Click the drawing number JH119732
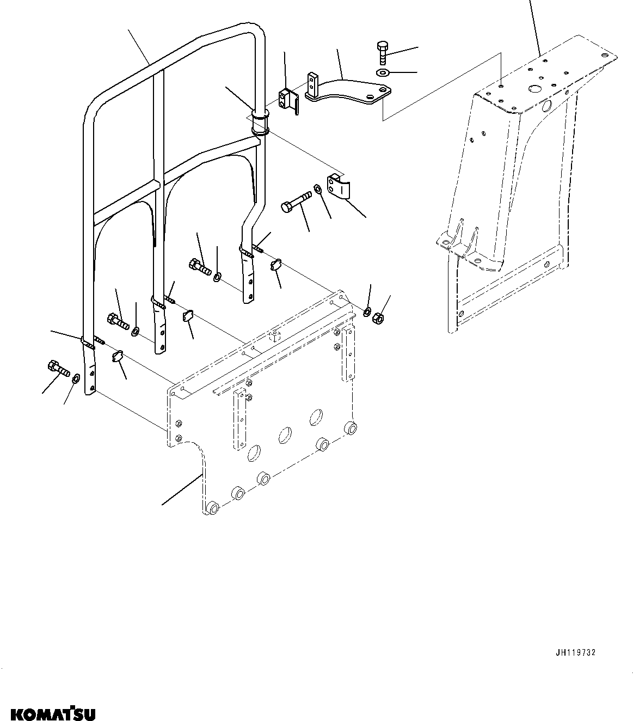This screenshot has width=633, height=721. coord(575,653)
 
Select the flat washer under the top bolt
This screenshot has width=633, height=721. coord(383,72)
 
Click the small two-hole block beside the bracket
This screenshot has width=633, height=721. coord(287,100)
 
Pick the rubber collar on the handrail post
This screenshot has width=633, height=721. coord(260,123)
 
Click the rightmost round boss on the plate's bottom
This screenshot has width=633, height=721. coord(351,428)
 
